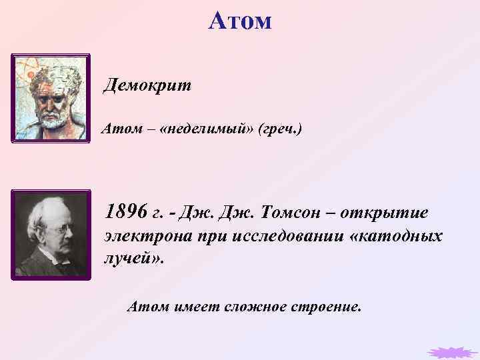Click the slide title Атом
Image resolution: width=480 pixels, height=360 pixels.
pos(239,21)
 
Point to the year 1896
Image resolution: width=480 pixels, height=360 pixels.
pos(126,213)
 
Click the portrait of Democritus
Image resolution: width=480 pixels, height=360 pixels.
pos(51,97)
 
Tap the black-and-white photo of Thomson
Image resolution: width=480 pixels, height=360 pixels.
pos(51,234)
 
